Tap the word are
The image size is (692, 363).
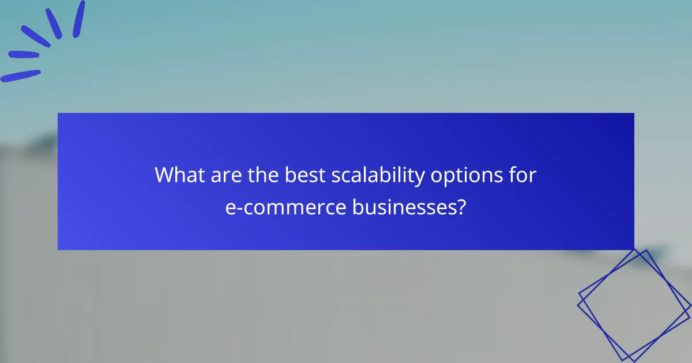point(224,175)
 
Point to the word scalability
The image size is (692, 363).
point(378,175)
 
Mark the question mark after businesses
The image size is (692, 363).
point(461,207)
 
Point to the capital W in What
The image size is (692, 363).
point(164,175)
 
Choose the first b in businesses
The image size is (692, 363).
point(358,207)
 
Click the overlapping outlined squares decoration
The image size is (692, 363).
point(634,305)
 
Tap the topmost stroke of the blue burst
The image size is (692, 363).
point(79,18)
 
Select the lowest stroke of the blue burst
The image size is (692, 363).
point(21,76)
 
